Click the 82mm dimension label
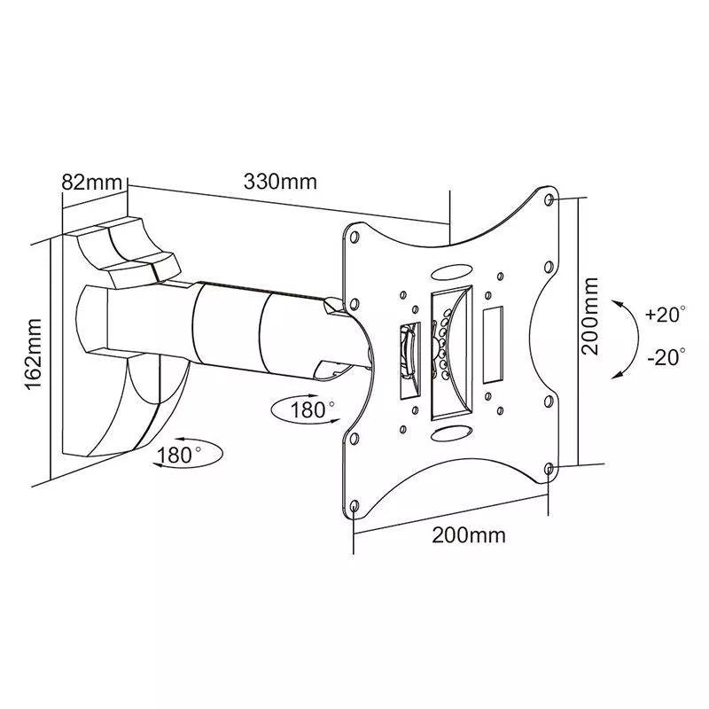click(x=91, y=182)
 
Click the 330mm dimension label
click(x=280, y=182)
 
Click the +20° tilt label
click(x=666, y=315)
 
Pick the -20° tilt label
click(x=666, y=357)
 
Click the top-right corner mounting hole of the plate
click(x=551, y=199)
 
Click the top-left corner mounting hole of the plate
click(x=354, y=238)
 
